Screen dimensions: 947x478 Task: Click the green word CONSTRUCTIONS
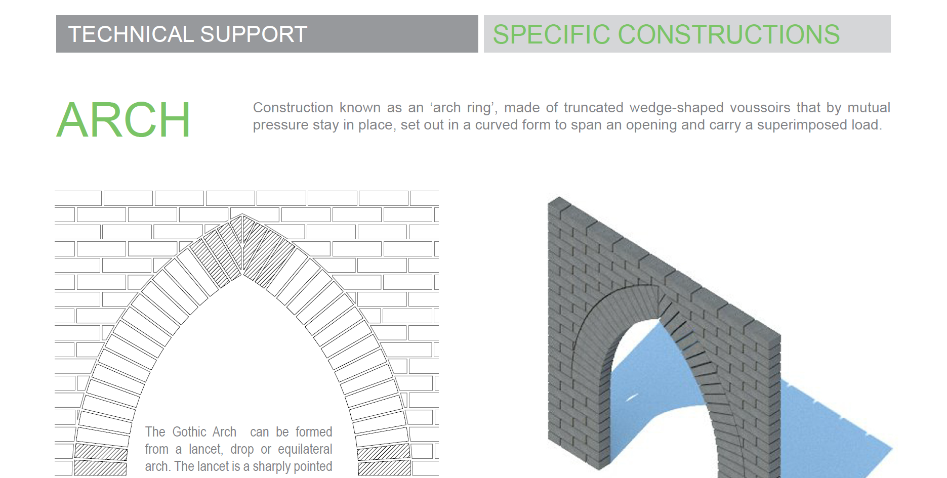729,34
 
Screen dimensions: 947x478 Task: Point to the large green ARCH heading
123,120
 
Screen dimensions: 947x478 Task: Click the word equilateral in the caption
305,449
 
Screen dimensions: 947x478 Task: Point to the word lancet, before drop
205,449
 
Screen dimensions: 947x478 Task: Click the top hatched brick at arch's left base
101,452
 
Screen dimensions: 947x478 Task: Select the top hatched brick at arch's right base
383,452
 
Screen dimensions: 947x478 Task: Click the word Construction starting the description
293,108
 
